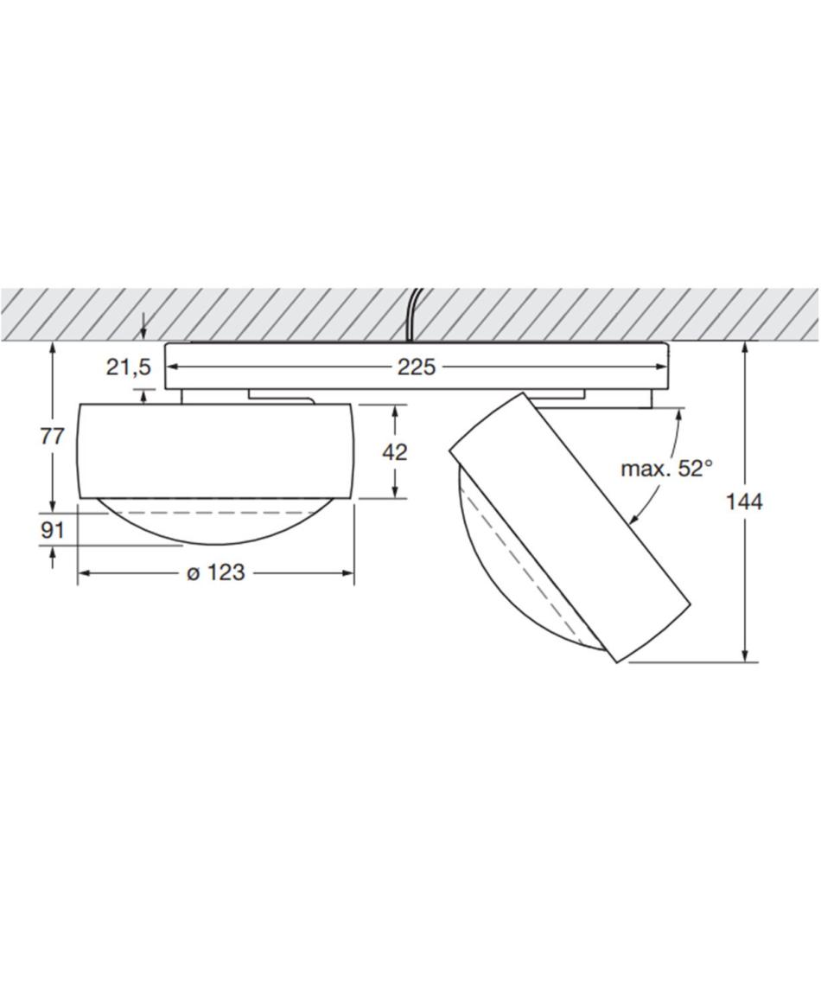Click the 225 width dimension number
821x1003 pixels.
pyautogui.click(x=416, y=367)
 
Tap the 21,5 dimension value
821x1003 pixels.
pyautogui.click(x=128, y=367)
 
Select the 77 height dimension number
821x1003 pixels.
pyautogui.click(x=53, y=437)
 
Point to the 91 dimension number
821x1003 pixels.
pyautogui.click(x=53, y=530)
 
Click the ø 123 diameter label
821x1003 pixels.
pyautogui.click(x=215, y=572)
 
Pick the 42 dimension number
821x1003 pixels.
pyautogui.click(x=395, y=452)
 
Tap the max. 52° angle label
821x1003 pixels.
pyautogui.click(x=666, y=469)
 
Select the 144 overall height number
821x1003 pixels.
pyautogui.click(x=743, y=502)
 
